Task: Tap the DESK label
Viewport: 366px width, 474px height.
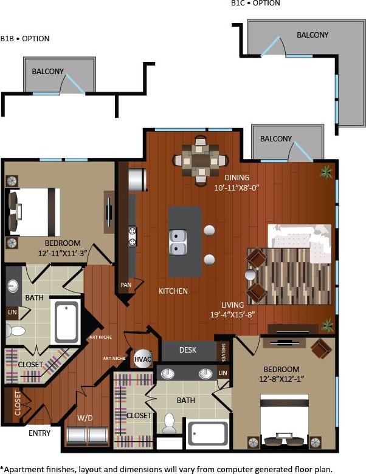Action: click(187, 350)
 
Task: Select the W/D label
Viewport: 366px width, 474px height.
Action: click(85, 418)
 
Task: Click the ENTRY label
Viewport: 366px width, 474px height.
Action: click(40, 433)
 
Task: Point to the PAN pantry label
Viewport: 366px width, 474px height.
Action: click(126, 284)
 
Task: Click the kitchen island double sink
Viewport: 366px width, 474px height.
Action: click(178, 242)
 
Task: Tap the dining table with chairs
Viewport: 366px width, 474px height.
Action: click(200, 160)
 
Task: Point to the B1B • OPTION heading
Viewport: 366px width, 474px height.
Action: click(25, 38)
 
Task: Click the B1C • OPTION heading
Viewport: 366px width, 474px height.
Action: click(255, 4)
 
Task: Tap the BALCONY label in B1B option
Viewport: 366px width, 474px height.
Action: click(48, 72)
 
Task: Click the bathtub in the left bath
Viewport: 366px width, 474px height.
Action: click(67, 322)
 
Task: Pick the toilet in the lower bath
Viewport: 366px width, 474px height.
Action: click(168, 422)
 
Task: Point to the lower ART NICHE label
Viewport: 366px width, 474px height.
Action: click(114, 358)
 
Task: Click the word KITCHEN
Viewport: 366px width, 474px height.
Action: click(173, 291)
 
